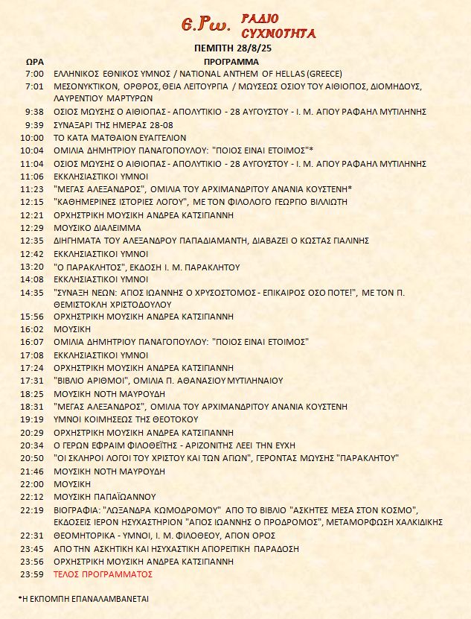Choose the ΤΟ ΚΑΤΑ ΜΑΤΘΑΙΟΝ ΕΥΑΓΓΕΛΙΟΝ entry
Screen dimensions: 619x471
(120, 138)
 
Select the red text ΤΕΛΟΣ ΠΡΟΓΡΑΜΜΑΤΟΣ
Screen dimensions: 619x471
(103, 574)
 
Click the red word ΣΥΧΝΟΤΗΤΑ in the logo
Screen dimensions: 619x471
(280, 33)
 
